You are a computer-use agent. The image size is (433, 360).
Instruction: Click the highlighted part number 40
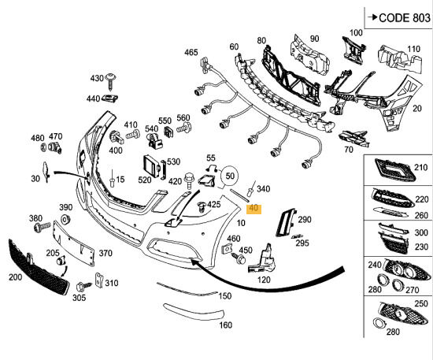point(254,208)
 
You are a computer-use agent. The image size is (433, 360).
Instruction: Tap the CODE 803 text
point(405,18)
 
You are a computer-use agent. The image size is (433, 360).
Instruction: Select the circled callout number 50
point(230,176)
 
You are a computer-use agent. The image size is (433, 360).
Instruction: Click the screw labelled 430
point(111,81)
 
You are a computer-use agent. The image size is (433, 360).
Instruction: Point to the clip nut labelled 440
point(110,98)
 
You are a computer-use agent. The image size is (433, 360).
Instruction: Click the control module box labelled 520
point(152,167)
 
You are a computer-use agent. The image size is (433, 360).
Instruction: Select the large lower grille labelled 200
point(38,266)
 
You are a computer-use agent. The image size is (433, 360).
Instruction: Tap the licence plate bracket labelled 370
point(74,243)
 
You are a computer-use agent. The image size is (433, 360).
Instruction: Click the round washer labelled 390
point(65,220)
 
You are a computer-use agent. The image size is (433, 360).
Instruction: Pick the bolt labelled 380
point(42,227)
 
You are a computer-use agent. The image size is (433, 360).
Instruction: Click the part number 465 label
point(191,52)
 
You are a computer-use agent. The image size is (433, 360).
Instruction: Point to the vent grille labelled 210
point(394,170)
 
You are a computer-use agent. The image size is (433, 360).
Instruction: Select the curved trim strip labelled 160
point(194,311)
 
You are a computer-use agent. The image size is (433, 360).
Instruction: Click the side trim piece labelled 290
point(285,223)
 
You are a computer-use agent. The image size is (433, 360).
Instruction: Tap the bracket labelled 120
point(262,259)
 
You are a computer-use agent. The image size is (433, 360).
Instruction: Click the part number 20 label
point(417,108)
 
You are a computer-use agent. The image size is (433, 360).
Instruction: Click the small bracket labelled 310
point(98,280)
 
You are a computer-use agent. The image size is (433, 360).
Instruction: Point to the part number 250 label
point(421,303)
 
